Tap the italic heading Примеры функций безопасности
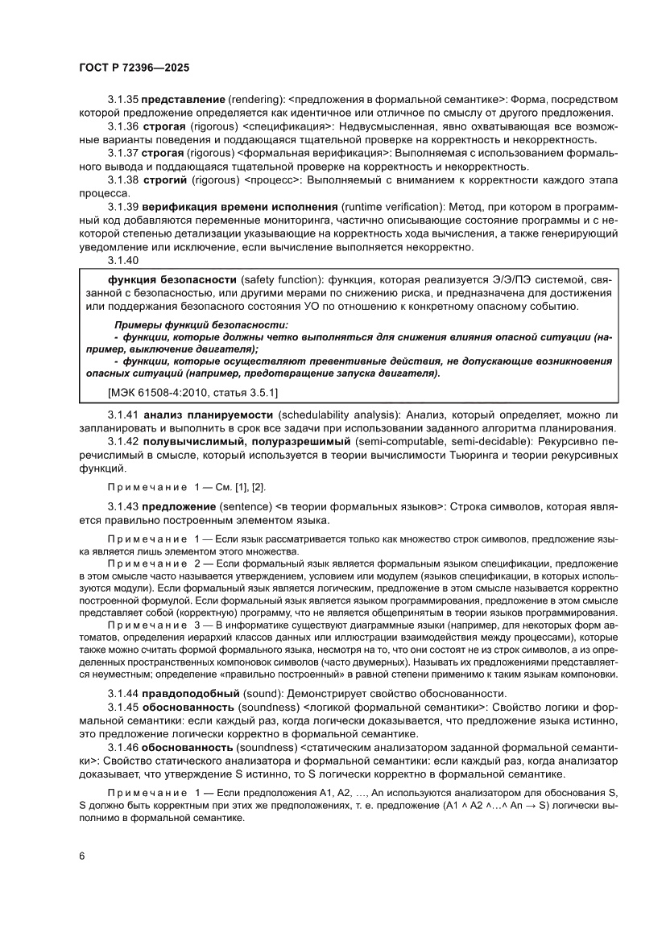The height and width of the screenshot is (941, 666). (x=201, y=324)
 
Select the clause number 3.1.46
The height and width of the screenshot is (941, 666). (x=123, y=748)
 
